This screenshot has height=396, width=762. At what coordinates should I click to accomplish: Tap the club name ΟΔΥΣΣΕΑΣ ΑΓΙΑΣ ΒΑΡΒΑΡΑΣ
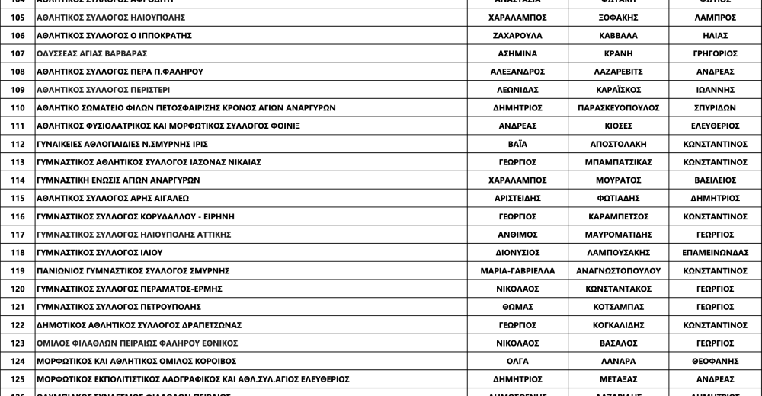click(91, 53)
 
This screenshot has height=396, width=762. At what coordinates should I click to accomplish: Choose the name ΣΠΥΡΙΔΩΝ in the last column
click(715, 108)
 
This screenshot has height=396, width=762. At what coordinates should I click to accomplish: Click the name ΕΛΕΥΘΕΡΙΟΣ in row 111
click(715, 126)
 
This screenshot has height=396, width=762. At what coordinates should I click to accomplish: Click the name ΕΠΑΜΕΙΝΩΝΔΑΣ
click(715, 253)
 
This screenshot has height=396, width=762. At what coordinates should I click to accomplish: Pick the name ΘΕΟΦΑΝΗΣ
click(715, 361)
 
